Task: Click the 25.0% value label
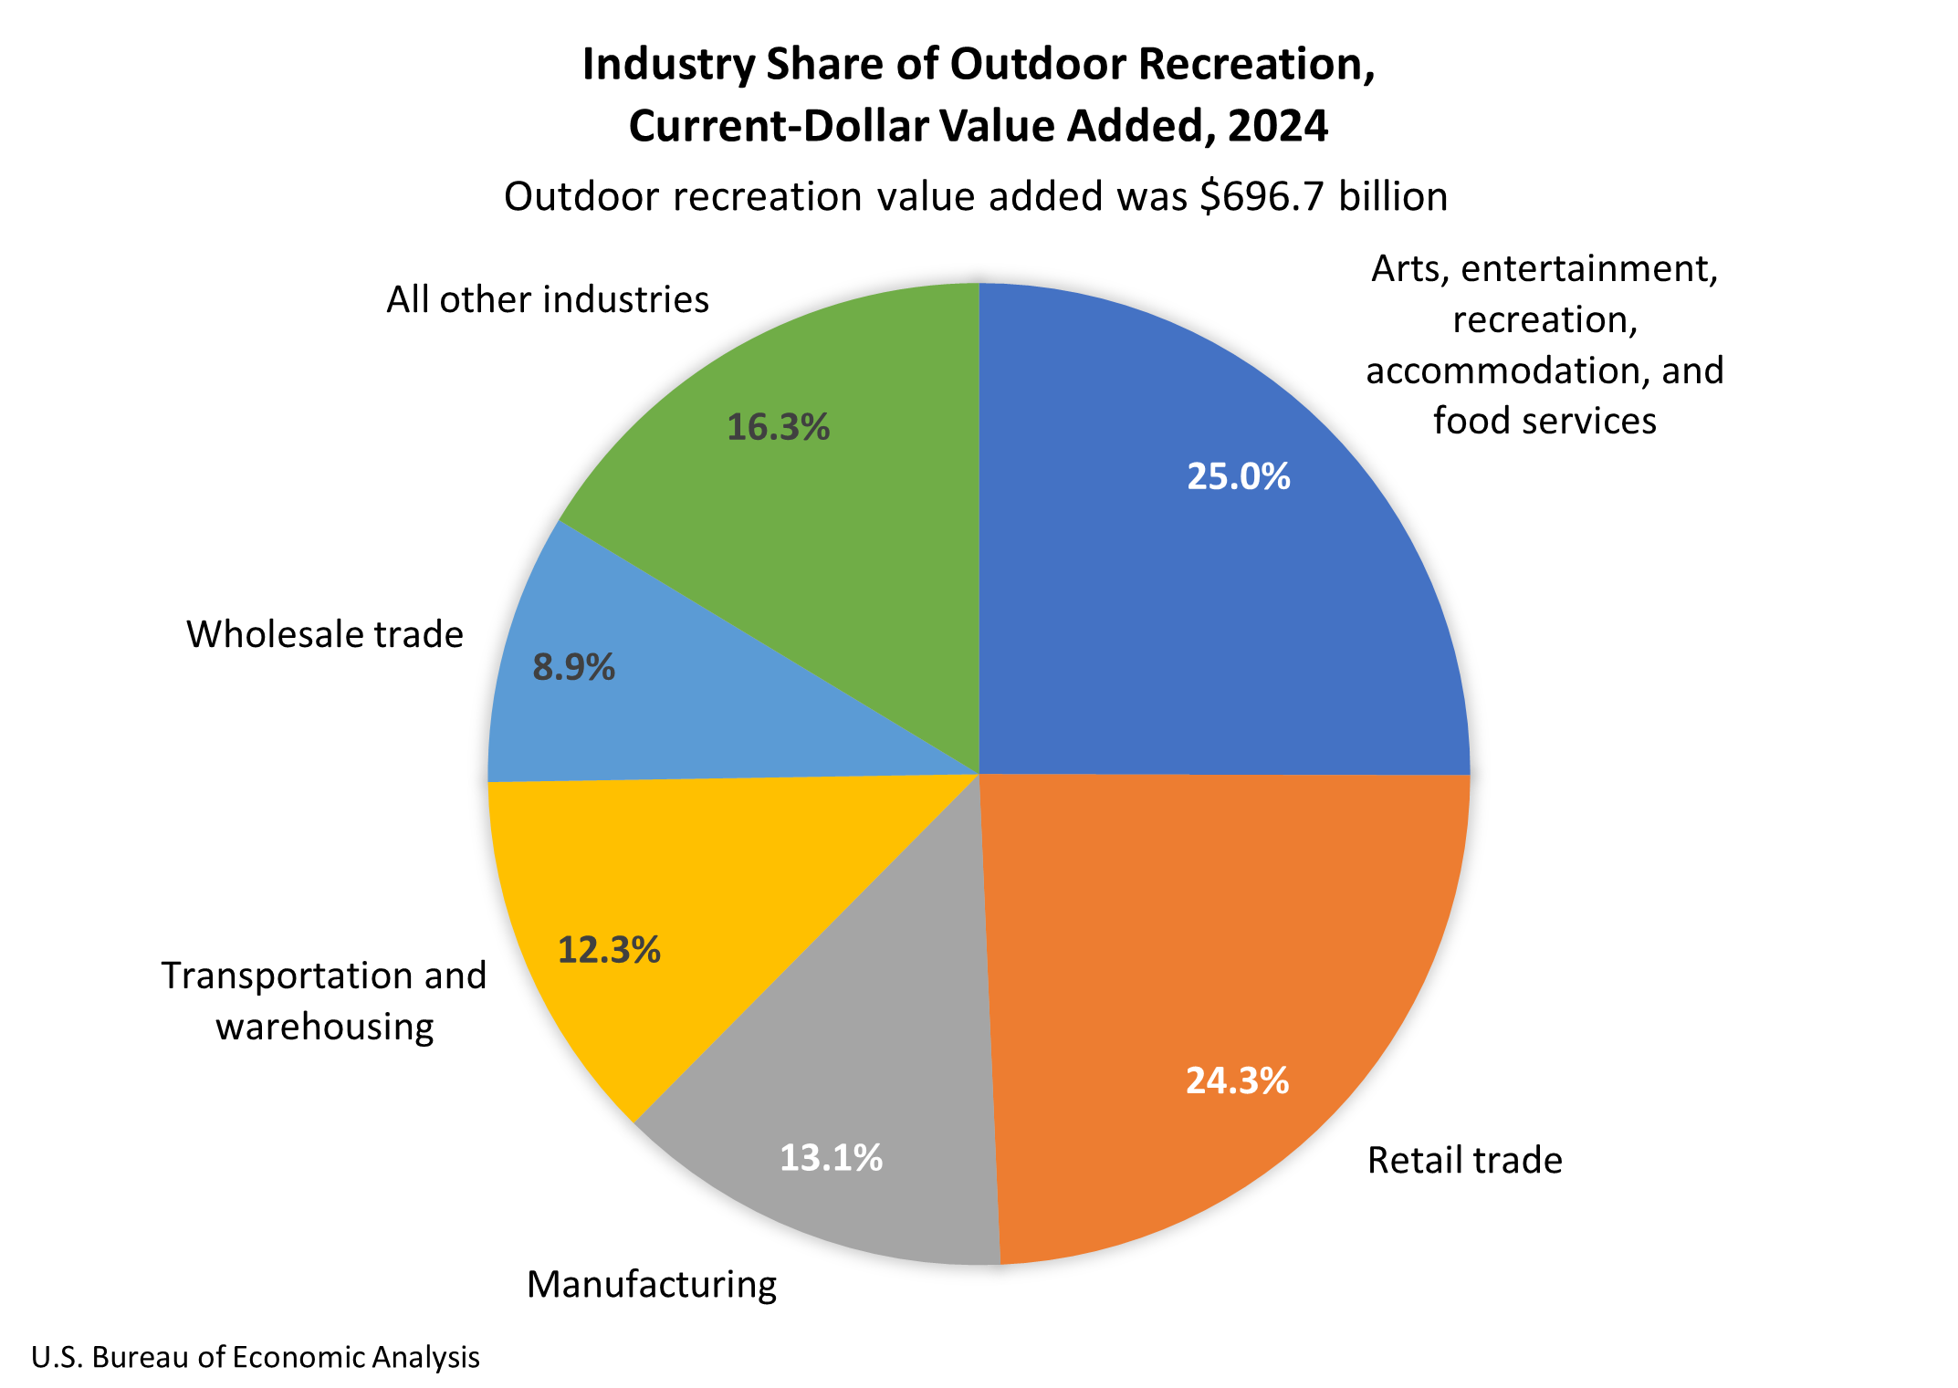pos(1238,476)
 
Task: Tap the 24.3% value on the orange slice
pos(1237,1080)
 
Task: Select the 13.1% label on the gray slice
pos(831,1158)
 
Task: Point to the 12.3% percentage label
pos(609,951)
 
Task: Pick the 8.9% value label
pos(573,668)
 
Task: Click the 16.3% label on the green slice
pos(778,427)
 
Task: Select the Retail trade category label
pos(1464,1160)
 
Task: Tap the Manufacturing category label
pos(652,1284)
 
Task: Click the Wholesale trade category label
pos(325,634)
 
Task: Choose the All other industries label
pos(548,299)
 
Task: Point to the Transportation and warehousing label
pos(324,1001)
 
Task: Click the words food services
pos(1544,421)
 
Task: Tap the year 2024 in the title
pos(1277,126)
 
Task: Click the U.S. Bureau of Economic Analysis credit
pos(256,1357)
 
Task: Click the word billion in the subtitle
pos(1393,196)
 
